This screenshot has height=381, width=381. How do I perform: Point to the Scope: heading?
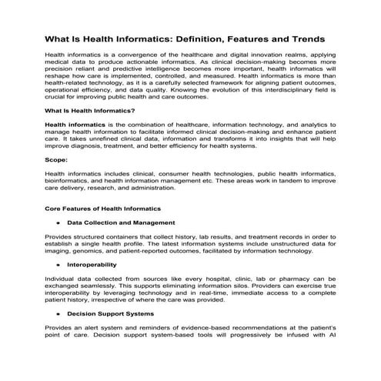pos(56,160)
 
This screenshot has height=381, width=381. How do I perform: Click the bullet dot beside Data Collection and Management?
pos(58,222)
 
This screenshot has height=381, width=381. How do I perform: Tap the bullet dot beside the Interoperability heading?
pos(58,264)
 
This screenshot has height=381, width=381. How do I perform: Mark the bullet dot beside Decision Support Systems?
pos(58,314)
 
